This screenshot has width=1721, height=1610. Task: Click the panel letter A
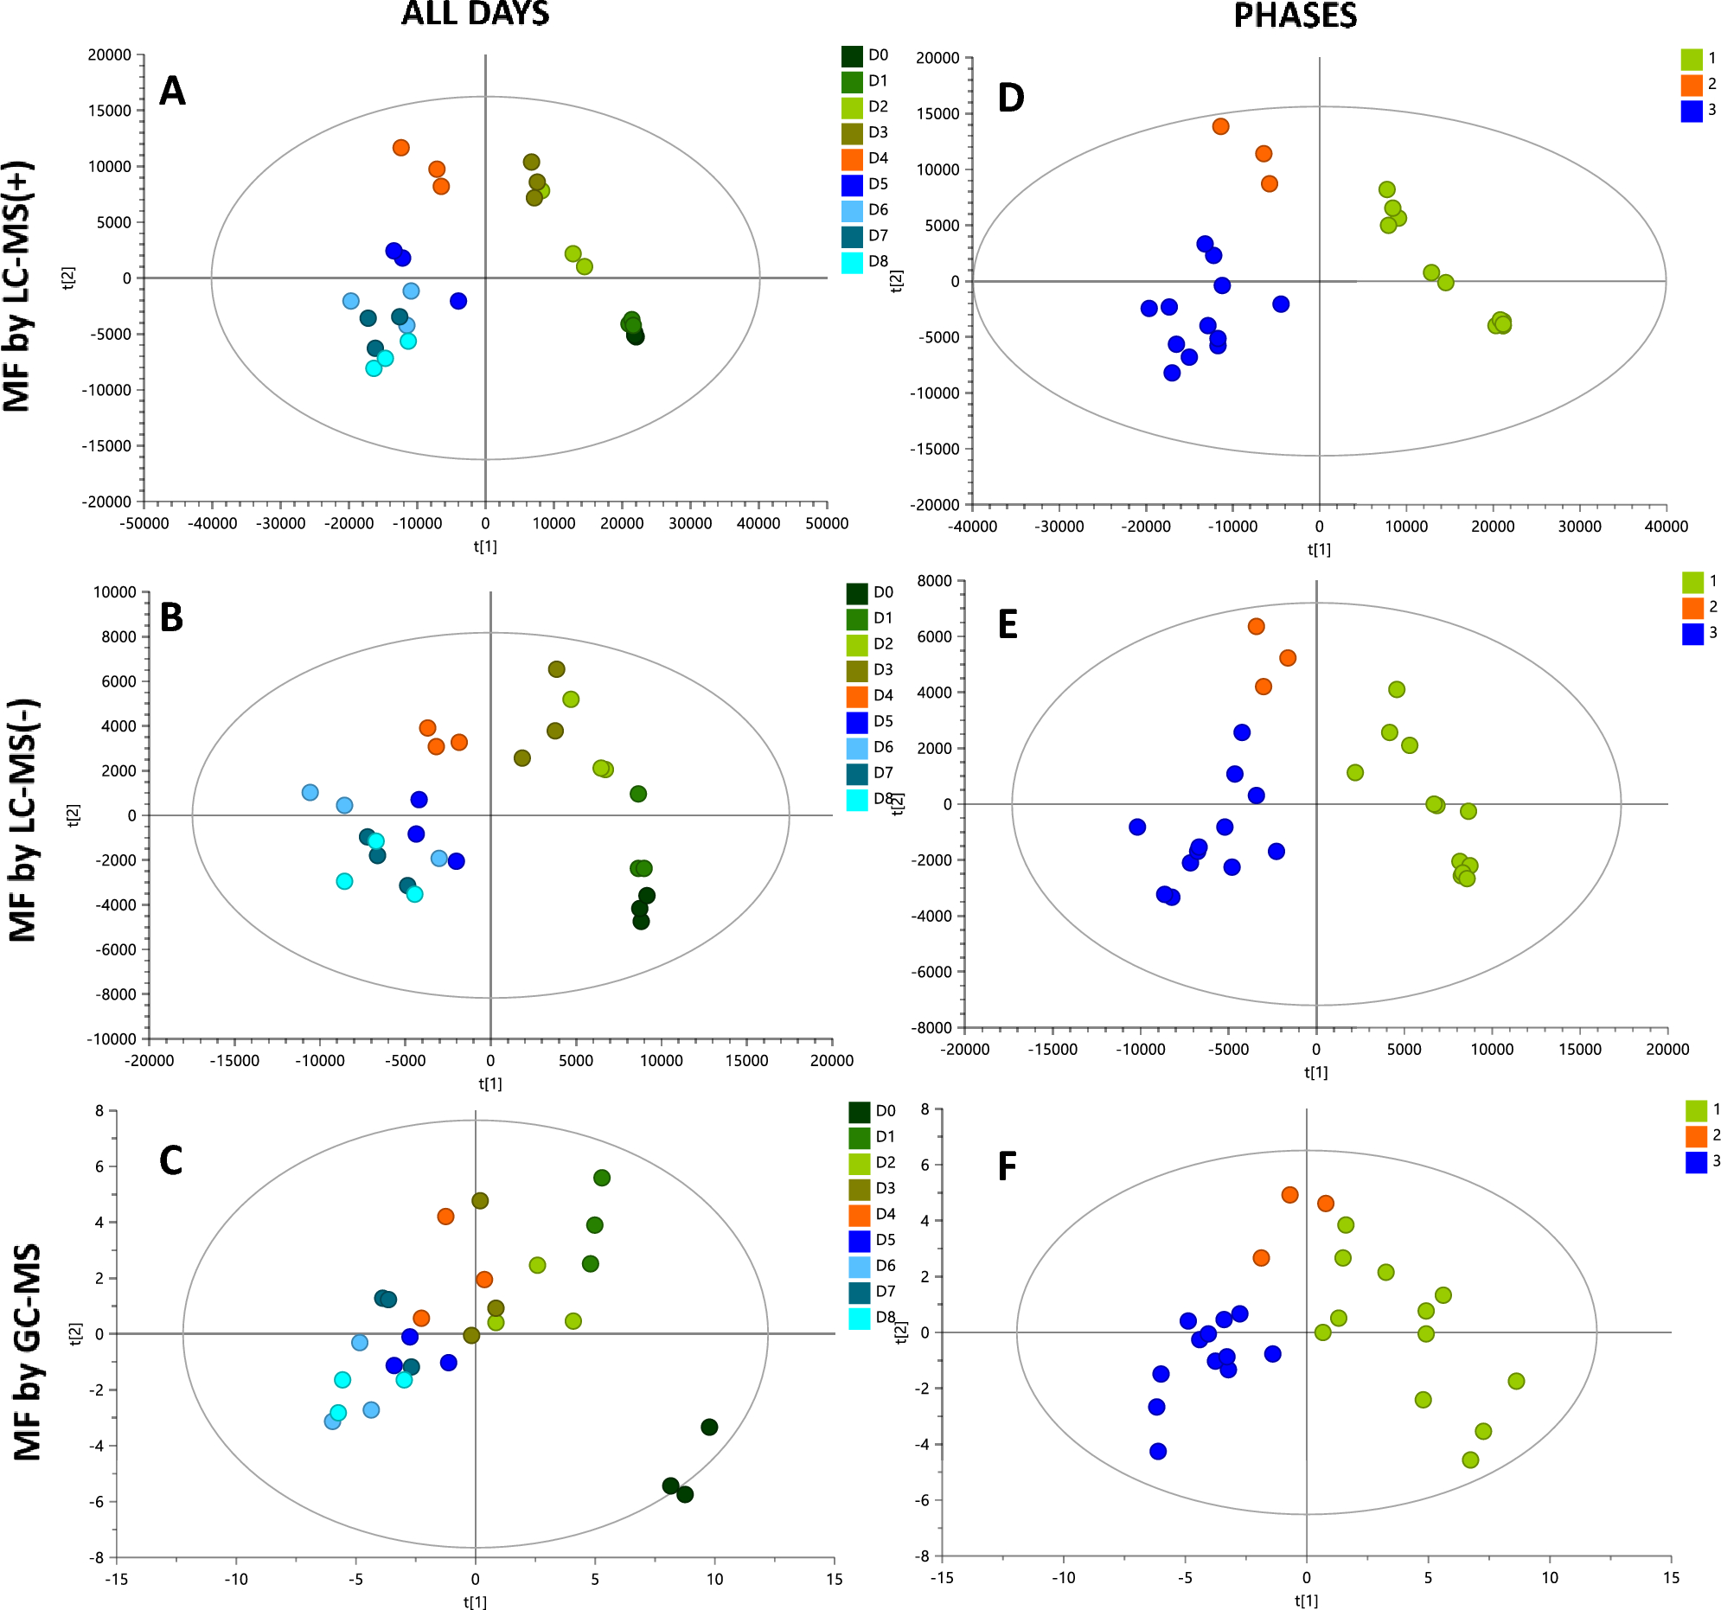tap(172, 91)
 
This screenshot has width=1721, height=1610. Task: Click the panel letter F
tap(1007, 1166)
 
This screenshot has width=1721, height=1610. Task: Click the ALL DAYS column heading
tap(475, 14)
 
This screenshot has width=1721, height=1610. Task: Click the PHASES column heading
tap(1295, 16)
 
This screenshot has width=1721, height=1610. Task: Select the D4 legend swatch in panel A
tap(852, 158)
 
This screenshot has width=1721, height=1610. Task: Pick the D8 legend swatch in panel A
tap(852, 261)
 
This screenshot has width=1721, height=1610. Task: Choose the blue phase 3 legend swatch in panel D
tap(1692, 110)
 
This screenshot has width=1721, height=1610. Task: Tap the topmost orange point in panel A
tap(400, 148)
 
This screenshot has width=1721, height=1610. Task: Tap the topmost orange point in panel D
tap(1220, 126)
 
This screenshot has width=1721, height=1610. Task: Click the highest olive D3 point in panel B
tap(557, 669)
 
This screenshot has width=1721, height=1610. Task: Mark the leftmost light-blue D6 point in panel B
tap(310, 792)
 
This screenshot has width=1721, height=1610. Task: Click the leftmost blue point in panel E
tap(1137, 827)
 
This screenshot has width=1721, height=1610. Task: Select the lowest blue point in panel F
tap(1158, 1451)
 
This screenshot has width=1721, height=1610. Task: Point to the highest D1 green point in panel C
tap(602, 1177)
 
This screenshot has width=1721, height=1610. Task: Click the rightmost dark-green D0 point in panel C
tap(709, 1427)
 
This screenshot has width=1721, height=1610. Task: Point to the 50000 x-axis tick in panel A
tap(827, 523)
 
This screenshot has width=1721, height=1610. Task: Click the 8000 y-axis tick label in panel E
tap(934, 581)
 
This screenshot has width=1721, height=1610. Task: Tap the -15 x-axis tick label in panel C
tap(117, 1579)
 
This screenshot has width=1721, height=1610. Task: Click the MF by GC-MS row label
tap(28, 1352)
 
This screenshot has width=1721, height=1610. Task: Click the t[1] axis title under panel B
tap(490, 1083)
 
